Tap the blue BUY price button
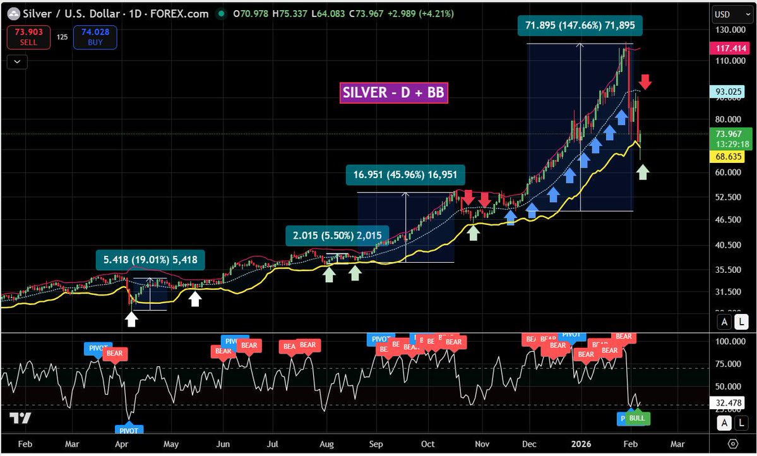[95, 37]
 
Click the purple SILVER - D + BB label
[394, 93]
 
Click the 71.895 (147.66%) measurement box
[584, 26]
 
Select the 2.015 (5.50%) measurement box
[337, 236]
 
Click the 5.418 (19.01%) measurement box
[150, 259]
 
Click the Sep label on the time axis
[376, 443]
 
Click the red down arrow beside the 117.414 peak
[645, 81]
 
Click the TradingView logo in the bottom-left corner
[20, 418]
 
